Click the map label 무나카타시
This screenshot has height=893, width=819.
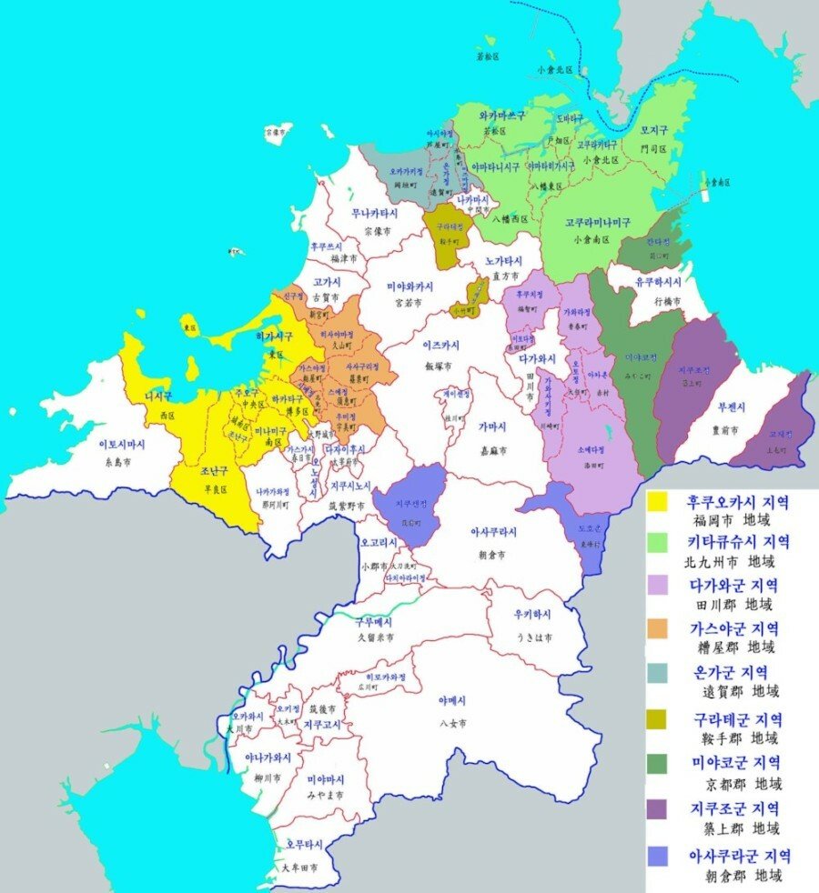pyautogui.click(x=375, y=214)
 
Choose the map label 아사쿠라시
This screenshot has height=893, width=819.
pyautogui.click(x=493, y=532)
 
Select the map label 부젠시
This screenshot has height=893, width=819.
pyautogui.click(x=733, y=407)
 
